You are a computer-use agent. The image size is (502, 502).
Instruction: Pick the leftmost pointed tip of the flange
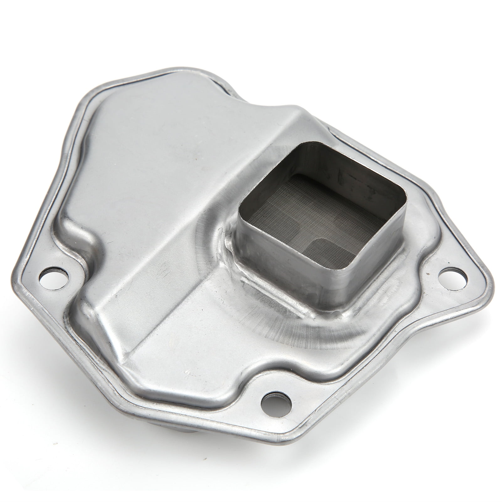coord(13,276)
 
